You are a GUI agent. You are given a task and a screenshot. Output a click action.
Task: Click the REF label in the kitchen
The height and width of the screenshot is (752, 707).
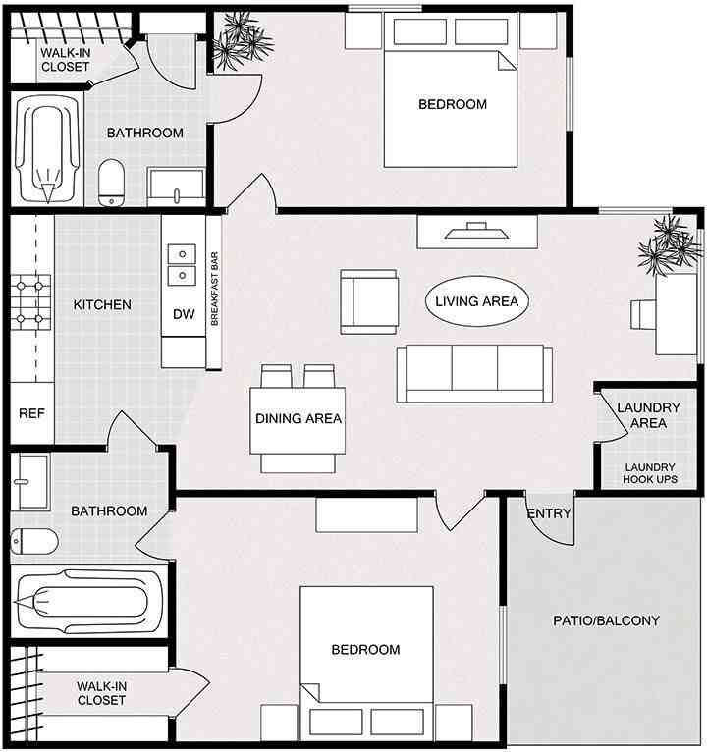tap(31, 413)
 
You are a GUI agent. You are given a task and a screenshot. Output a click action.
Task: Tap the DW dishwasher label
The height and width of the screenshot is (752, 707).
tap(184, 314)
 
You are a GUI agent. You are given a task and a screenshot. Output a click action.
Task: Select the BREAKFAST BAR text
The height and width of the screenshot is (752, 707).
tap(214, 289)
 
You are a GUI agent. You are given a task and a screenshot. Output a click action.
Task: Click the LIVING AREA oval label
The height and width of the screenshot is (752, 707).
tap(477, 301)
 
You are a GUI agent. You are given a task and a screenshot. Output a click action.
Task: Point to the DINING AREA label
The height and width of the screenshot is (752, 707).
tap(299, 418)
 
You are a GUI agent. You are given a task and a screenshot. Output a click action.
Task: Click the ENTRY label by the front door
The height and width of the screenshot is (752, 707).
tap(549, 513)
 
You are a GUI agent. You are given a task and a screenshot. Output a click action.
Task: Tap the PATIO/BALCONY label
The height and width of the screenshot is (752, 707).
tap(606, 620)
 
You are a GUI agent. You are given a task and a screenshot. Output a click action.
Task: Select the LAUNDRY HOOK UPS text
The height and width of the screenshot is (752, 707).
tap(650, 473)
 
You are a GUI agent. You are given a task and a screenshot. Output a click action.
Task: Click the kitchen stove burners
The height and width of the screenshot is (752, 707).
tap(30, 302)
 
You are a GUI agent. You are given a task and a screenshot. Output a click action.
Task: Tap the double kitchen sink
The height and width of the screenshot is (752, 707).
tap(182, 265)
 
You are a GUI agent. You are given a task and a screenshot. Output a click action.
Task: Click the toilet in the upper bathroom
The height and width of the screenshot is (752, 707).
tap(111, 183)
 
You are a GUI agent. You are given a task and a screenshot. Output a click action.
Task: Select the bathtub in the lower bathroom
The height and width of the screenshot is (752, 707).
tap(89, 602)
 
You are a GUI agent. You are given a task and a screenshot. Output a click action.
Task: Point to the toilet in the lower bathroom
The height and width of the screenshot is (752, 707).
tap(34, 542)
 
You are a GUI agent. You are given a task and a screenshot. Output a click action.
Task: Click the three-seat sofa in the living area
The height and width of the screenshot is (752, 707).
tap(474, 374)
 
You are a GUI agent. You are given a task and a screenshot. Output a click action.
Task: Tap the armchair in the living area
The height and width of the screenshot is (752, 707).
tap(369, 301)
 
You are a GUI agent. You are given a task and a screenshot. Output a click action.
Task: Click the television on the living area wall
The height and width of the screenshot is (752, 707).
tap(477, 231)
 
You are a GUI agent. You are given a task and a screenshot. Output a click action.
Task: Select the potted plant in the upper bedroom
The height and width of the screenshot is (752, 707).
tap(242, 41)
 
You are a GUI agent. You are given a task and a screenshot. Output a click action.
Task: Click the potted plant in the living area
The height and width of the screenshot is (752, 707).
tap(669, 245)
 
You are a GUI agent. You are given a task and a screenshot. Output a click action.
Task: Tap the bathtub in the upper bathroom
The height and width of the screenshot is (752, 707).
tap(46, 149)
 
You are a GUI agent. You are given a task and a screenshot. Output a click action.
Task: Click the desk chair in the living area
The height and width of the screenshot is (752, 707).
tap(643, 314)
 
